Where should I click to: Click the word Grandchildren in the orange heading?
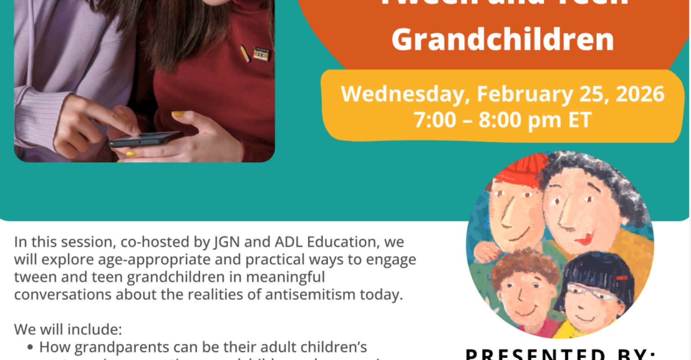[x=503, y=40]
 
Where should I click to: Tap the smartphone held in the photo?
[x=144, y=139]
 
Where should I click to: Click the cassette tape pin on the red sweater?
[x=261, y=54]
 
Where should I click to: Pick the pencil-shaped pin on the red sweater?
[x=245, y=53]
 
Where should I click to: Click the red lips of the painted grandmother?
[x=585, y=239]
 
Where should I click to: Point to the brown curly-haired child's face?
[x=525, y=292]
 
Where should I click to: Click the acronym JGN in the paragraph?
[x=225, y=242]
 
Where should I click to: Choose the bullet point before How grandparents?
[x=30, y=347]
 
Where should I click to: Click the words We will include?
[x=68, y=329]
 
